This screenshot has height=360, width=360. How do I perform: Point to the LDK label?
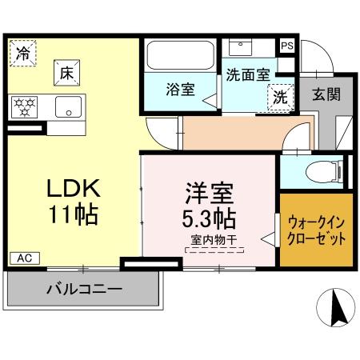pyautogui.click(x=71, y=189)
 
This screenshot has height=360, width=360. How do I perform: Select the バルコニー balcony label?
pyautogui.click(x=83, y=288)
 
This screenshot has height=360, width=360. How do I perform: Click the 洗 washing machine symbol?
pyautogui.click(x=280, y=96)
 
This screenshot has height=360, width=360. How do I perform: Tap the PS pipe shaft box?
pyautogui.click(x=286, y=46)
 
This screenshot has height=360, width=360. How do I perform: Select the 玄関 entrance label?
pyautogui.click(x=326, y=94)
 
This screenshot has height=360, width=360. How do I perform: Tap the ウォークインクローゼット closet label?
pyautogui.click(x=315, y=230)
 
